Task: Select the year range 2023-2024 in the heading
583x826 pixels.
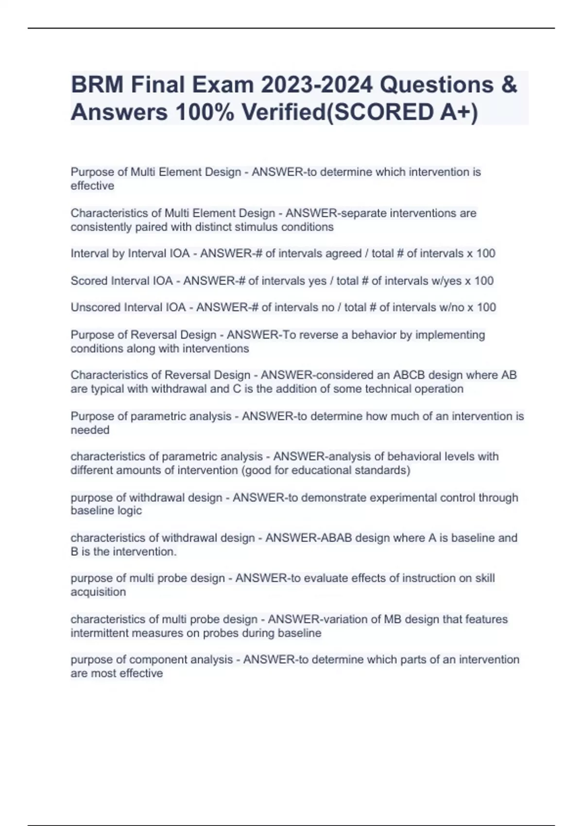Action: pyautogui.click(x=317, y=85)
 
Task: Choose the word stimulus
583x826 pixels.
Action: pyautogui.click(x=256, y=227)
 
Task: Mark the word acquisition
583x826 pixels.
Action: pyautogui.click(x=98, y=592)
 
